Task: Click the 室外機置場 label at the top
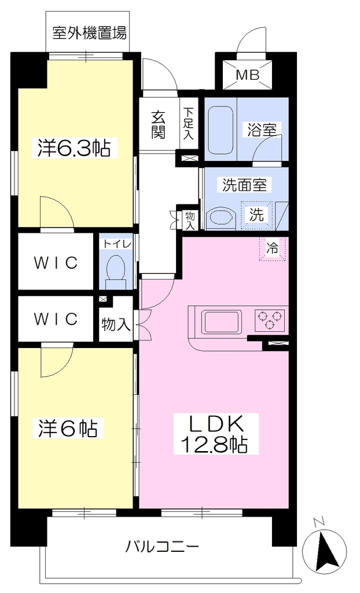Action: coord(89,33)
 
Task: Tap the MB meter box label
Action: coord(248,75)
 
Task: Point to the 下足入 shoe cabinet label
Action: coord(188,123)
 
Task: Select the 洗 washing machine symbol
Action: coord(256,215)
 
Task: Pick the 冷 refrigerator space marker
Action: coord(273,248)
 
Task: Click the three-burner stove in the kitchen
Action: coord(269,320)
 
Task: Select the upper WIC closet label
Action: coord(56,262)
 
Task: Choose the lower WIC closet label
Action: coord(56,319)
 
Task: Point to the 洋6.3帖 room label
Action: coord(74,148)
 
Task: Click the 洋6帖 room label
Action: coord(68,429)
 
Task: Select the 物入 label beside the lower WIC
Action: coord(116,324)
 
